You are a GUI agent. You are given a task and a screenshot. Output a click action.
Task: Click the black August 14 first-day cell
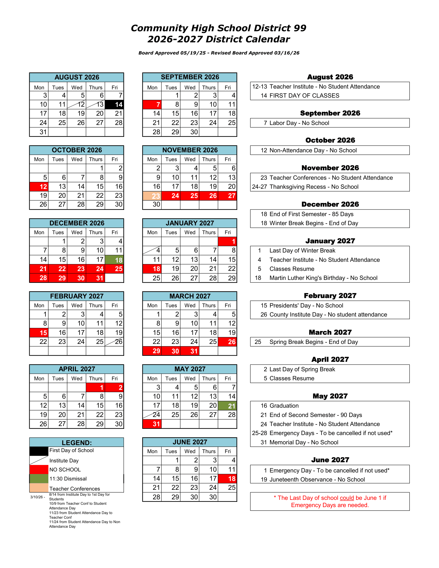click(x=114, y=105)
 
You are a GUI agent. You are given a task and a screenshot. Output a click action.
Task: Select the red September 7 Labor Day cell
click(x=152, y=105)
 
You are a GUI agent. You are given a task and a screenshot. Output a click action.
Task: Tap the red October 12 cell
click(x=39, y=186)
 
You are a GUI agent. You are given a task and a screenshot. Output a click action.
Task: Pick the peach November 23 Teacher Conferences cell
click(x=152, y=196)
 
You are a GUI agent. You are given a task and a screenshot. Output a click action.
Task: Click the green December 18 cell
click(x=114, y=260)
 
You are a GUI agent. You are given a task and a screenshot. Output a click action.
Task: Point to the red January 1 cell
click(x=228, y=241)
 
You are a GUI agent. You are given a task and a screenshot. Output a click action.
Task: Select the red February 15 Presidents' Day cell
click(x=39, y=333)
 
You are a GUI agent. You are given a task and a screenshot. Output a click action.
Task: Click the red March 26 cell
click(x=228, y=342)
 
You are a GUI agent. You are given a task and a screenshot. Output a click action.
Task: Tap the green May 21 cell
click(x=228, y=406)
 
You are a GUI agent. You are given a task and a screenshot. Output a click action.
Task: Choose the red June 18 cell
click(x=228, y=478)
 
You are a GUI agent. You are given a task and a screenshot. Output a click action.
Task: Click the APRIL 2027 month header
click(x=77, y=369)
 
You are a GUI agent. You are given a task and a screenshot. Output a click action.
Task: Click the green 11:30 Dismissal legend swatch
click(x=39, y=478)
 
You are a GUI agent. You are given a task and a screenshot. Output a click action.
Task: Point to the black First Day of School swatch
click(x=39, y=451)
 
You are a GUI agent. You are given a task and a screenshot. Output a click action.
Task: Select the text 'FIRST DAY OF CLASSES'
click(x=304, y=96)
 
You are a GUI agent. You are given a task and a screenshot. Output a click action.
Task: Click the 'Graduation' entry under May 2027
click(x=284, y=406)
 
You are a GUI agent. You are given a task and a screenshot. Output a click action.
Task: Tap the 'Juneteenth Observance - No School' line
click(x=317, y=480)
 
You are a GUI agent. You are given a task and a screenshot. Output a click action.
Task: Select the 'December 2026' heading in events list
click(x=330, y=204)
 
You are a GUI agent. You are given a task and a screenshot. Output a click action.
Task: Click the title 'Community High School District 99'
click(x=218, y=28)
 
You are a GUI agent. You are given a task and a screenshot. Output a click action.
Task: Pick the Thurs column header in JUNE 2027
click(x=209, y=451)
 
